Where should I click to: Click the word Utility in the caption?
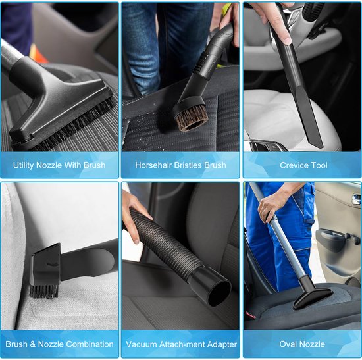pos(24,165)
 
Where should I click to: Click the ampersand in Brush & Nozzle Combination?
pos(32,344)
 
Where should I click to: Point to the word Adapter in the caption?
pos(222,344)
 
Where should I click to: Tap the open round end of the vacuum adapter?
pos(219,294)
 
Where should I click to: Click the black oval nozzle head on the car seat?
pos(313,297)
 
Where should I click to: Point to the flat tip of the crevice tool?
pos(320,145)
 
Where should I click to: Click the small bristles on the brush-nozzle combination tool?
pos(43,291)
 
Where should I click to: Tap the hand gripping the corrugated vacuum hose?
pos(134,215)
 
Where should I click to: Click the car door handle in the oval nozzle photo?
pos(357,199)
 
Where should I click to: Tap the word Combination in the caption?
pos(92,344)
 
